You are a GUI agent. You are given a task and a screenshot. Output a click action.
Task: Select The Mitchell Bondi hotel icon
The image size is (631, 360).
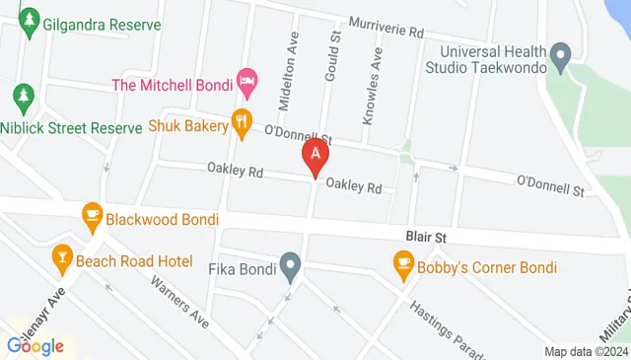click(x=247, y=78)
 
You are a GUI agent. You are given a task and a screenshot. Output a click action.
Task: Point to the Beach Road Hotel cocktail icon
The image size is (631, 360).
click(x=62, y=258)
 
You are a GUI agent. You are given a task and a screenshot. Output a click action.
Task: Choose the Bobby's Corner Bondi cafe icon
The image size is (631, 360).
click(x=402, y=263)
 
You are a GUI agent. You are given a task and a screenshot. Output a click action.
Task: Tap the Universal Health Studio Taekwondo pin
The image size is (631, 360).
click(x=561, y=58)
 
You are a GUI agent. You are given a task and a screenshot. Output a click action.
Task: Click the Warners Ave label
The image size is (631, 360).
click(x=180, y=301)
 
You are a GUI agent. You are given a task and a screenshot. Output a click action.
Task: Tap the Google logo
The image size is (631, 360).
click(x=35, y=346)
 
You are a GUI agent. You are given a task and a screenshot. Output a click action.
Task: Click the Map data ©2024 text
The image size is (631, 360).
click(x=586, y=351)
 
